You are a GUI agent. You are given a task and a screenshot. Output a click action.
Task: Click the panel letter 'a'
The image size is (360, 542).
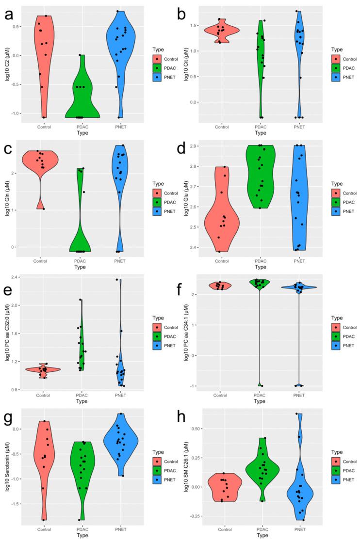pyautogui.click(x=9, y=16)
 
